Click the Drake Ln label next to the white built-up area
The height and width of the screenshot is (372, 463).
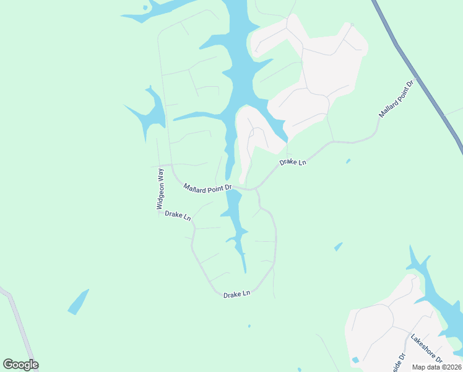pyautogui.click(x=293, y=162)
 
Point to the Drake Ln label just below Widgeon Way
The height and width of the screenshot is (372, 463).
pyautogui.click(x=178, y=216)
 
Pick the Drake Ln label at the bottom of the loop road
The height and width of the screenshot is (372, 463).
pyautogui.click(x=237, y=294)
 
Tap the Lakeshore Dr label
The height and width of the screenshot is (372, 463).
pyautogui.click(x=427, y=349)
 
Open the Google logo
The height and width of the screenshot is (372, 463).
pyautogui.click(x=20, y=365)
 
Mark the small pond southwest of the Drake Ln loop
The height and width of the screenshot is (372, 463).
pyautogui.click(x=78, y=301)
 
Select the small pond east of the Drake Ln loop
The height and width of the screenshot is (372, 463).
pyautogui.click(x=338, y=246)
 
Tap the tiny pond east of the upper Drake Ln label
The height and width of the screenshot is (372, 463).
pyautogui.click(x=348, y=161)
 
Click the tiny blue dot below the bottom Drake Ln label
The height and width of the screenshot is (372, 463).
pyautogui.click(x=249, y=325)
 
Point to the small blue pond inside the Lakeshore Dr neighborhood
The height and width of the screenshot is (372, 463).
pyautogui.click(x=355, y=360)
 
